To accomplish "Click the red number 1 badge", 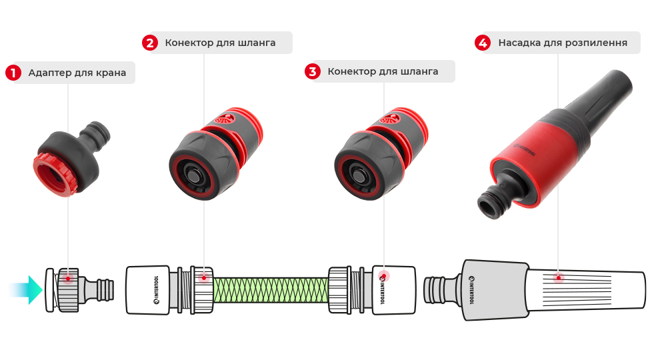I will point(13,73).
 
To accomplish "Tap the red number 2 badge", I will point(150,43).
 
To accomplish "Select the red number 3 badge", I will point(312,71).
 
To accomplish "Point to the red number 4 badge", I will point(483,43).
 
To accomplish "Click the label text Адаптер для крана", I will point(77,73).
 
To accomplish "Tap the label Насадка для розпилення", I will point(563,43).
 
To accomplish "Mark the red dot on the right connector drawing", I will point(384,276).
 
